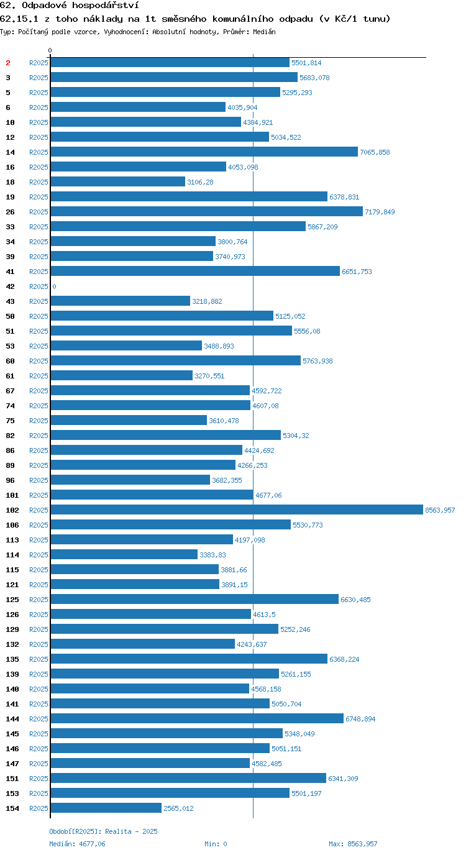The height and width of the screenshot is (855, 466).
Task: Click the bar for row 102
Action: pyautogui.click(x=237, y=510)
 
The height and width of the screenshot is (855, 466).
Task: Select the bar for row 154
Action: pyautogui.click(x=106, y=808)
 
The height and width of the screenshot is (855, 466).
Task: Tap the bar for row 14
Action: pyautogui.click(x=204, y=152)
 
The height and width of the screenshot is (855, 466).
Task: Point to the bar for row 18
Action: pyautogui.click(x=118, y=181)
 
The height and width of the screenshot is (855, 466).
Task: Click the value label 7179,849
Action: pyautogui.click(x=380, y=212)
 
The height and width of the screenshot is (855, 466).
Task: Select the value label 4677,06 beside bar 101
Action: pyautogui.click(x=268, y=495)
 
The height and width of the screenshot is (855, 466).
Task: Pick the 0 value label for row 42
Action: pyautogui.click(x=54, y=286)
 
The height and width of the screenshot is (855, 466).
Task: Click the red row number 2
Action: pyautogui.click(x=8, y=63)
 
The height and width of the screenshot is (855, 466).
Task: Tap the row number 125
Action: pyautogui.click(x=12, y=599)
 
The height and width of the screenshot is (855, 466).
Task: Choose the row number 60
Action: pyautogui.click(x=11, y=360)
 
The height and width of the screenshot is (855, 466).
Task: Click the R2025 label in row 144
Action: pyautogui.click(x=39, y=719)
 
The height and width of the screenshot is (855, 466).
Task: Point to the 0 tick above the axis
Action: pyautogui.click(x=50, y=50)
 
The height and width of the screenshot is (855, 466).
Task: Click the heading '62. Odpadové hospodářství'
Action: pyautogui.click(x=70, y=6)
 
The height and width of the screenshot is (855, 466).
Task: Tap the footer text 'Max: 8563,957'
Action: pyautogui.click(x=353, y=844)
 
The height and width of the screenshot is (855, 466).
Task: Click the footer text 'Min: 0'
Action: pyautogui.click(x=216, y=844)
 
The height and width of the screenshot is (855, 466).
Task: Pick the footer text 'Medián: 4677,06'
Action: pyautogui.click(x=77, y=844)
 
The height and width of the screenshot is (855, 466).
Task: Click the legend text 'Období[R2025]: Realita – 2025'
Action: pyautogui.click(x=103, y=831)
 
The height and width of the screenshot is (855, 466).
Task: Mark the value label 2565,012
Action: pyautogui.click(x=178, y=808)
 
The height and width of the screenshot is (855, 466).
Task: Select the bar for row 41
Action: pyautogui.click(x=195, y=271)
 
